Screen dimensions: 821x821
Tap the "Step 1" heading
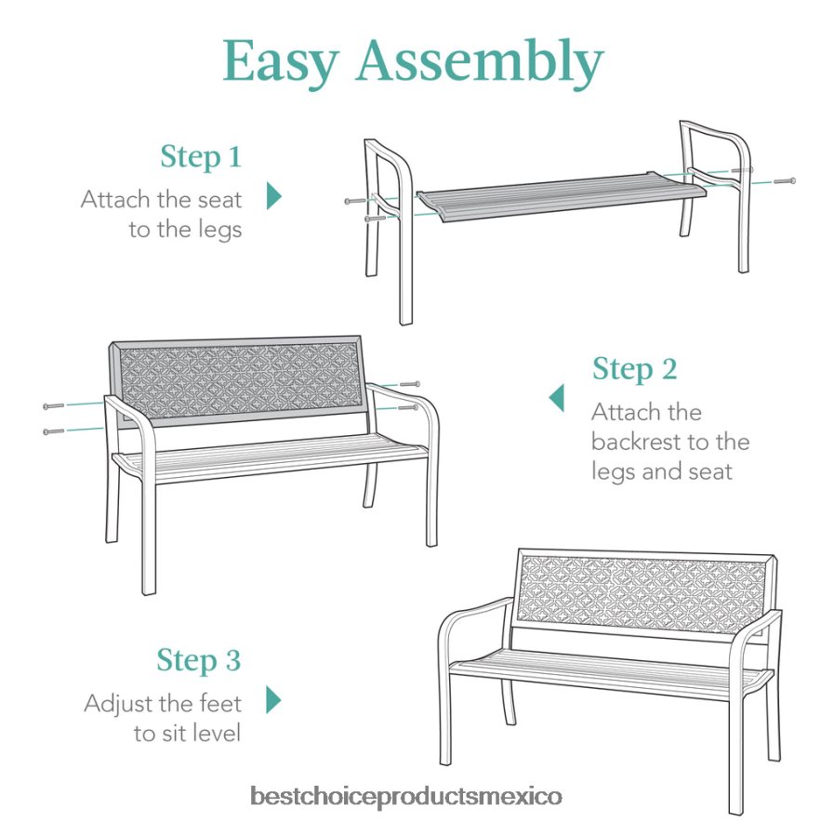pyautogui.click(x=201, y=156)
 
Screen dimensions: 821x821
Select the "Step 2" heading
pyautogui.click(x=635, y=369)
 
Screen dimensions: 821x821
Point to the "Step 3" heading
pyautogui.click(x=199, y=660)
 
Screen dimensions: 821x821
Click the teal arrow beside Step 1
pyautogui.click(x=274, y=196)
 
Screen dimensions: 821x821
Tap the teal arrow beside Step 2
pyautogui.click(x=557, y=398)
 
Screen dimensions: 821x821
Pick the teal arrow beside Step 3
pyautogui.click(x=273, y=700)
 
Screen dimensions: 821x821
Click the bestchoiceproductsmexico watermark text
pyautogui.click(x=405, y=797)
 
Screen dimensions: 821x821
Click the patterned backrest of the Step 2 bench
pyautogui.click(x=237, y=380)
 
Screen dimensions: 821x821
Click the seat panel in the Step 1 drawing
pyautogui.click(x=562, y=196)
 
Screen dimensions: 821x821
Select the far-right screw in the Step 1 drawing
pyautogui.click(x=785, y=181)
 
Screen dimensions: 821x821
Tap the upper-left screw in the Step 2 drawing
pyautogui.click(x=54, y=405)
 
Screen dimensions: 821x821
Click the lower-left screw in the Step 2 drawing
pyautogui.click(x=54, y=431)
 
